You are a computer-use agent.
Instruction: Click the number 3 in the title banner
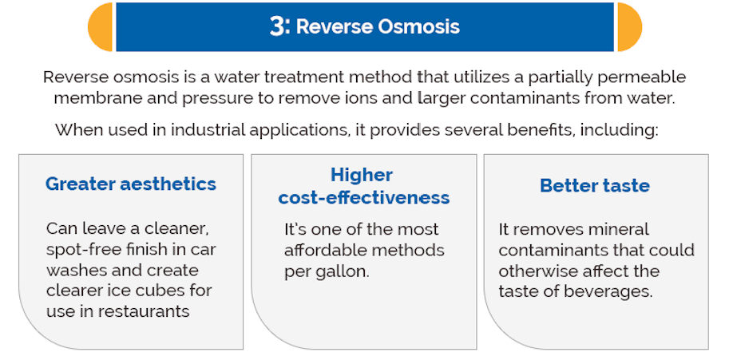(279, 26)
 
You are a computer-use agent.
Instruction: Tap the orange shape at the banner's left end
(101, 27)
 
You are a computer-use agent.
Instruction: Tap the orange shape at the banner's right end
(629, 27)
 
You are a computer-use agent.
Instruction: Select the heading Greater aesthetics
(131, 184)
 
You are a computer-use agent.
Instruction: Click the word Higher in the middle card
(362, 175)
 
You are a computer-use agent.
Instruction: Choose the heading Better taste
(595, 186)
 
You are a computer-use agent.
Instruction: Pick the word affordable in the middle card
(323, 250)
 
